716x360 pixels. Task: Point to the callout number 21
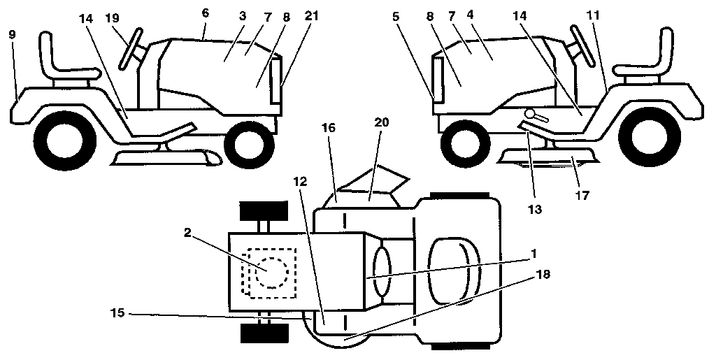(312, 15)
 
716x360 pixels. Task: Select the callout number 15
(117, 313)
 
